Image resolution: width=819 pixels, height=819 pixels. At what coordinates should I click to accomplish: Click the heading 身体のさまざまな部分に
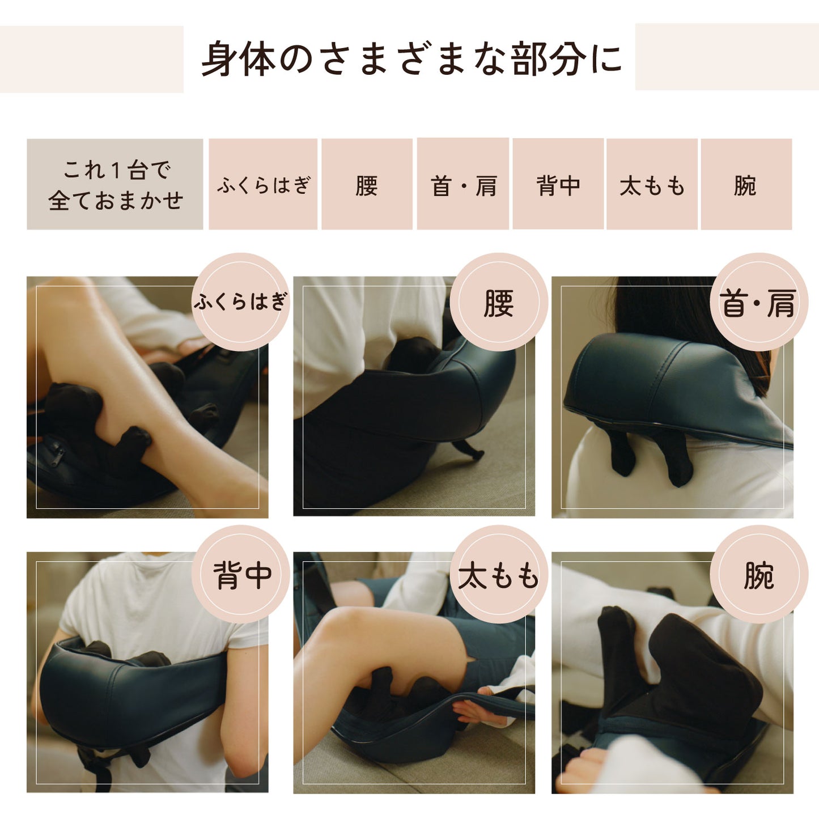click(411, 58)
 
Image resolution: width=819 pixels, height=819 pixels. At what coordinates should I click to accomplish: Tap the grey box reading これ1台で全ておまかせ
click(114, 184)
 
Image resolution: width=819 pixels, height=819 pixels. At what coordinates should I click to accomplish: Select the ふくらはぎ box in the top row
click(263, 184)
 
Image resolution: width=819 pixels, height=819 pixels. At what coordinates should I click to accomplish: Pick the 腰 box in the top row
click(367, 184)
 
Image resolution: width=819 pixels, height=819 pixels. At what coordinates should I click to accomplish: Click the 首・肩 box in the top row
click(463, 184)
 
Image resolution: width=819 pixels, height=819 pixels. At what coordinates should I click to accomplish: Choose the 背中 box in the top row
click(558, 184)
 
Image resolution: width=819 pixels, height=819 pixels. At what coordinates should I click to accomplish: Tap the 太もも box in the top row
click(652, 184)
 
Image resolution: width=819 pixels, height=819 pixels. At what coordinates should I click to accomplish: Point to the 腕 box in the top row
click(746, 184)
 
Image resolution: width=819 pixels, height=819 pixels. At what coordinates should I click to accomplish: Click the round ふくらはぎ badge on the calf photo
click(240, 302)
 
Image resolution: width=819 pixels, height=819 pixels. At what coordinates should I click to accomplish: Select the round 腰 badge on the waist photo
click(499, 302)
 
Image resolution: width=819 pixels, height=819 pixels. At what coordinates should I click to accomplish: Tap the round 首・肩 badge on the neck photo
click(759, 302)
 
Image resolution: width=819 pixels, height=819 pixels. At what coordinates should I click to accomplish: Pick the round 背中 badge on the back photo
click(240, 574)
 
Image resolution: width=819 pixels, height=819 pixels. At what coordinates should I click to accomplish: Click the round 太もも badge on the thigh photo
click(499, 574)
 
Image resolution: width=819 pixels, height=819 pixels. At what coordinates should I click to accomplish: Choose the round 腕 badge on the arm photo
click(759, 574)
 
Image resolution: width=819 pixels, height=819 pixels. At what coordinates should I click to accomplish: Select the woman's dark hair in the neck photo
click(684, 323)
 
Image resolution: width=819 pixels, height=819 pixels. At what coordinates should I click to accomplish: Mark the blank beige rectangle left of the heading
click(92, 59)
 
